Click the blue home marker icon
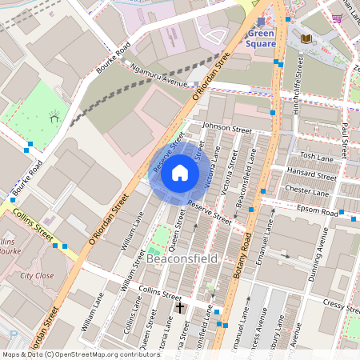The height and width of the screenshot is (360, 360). point(180,173)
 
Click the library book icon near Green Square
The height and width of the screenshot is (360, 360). point(306,38)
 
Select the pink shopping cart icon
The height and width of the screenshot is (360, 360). point(338,18)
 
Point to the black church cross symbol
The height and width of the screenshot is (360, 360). point(180,306)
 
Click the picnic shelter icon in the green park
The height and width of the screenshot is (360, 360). point(54,118)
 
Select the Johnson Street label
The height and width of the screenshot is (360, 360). point(227,128)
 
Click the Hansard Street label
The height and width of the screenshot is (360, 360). point(313,174)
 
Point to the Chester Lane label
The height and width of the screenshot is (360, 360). point(307,192)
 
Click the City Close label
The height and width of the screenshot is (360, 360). point(38,274)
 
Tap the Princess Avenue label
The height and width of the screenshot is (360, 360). point(255,336)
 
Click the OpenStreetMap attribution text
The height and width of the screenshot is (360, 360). point(70,354)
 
